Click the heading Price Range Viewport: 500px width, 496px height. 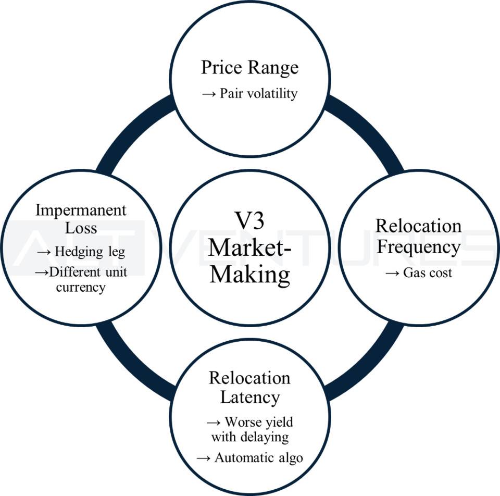(249, 68)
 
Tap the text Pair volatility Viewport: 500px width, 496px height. (258, 93)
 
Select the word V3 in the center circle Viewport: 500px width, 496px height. (249, 221)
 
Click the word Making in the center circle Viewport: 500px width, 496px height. (249, 274)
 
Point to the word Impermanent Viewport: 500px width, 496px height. (81, 210)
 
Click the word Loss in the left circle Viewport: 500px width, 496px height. (81, 228)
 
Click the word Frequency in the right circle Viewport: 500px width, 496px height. (419, 246)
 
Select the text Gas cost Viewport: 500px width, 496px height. (428, 272)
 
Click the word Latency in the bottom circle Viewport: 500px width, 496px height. (249, 396)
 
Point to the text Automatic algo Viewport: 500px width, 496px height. (258, 458)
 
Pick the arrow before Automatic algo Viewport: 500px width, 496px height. (204, 458)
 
